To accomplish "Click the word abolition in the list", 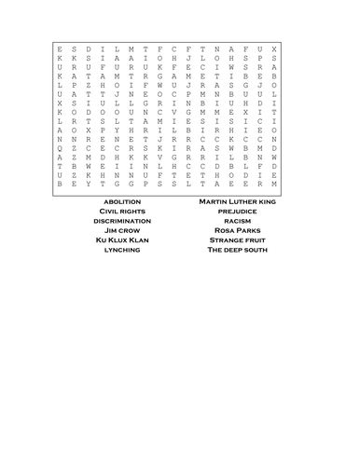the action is (x=122, y=200).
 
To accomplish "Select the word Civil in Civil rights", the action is (x=110, y=211).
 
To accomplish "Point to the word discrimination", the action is (x=122, y=220).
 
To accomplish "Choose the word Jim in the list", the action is (x=111, y=230).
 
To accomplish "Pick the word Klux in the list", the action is (x=121, y=240).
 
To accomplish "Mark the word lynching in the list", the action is (x=122, y=250).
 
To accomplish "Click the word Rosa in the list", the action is (x=222, y=230).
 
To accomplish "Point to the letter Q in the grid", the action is (x=61, y=147).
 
